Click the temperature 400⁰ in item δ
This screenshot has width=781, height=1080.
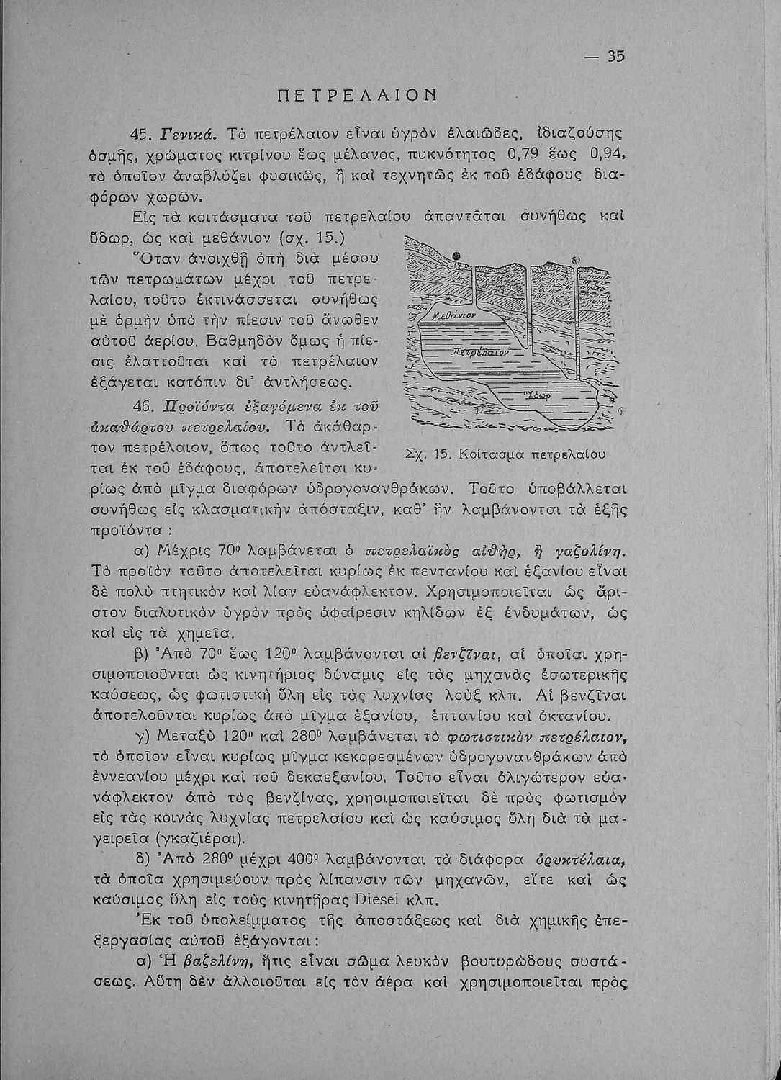pyautogui.click(x=306, y=860)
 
